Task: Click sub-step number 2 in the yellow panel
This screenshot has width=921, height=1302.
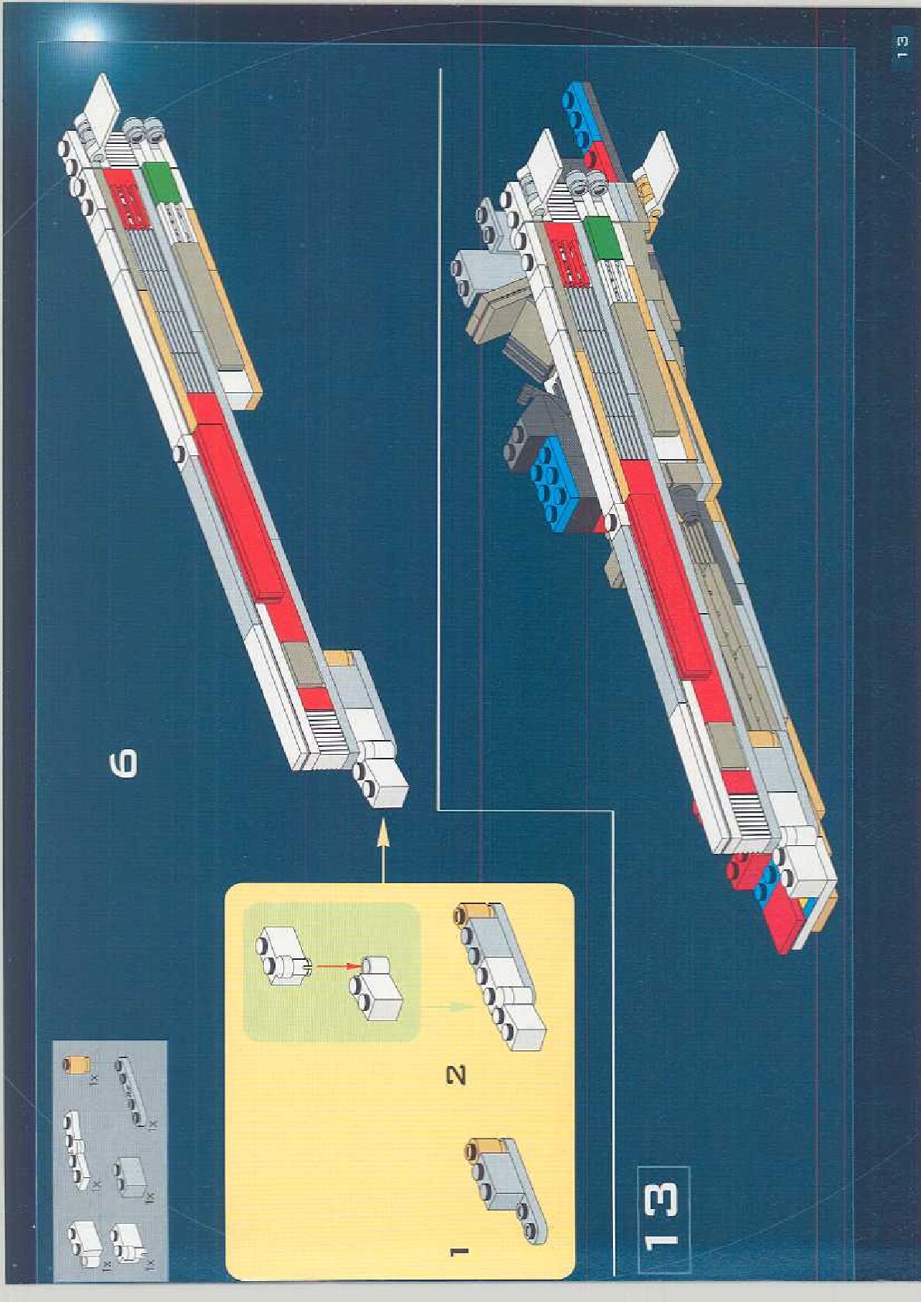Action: (x=457, y=1074)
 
